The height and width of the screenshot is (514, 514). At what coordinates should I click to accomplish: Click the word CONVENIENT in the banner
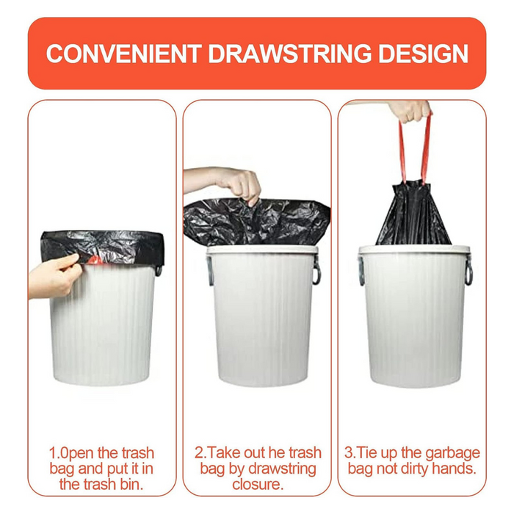click(x=123, y=54)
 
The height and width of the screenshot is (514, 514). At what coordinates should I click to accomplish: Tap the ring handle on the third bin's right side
click(x=468, y=272)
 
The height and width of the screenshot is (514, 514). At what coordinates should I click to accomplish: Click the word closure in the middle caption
click(x=256, y=485)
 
